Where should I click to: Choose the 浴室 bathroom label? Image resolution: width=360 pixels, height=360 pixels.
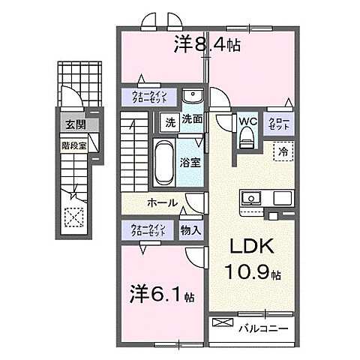[x=188, y=161]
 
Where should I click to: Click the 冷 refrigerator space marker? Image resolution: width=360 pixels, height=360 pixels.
[x=283, y=150]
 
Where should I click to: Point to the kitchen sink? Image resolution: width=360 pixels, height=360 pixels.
[x=250, y=198]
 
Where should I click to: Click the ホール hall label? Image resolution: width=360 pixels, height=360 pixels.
[x=162, y=203]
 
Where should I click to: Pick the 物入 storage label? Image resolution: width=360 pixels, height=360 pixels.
[x=190, y=229]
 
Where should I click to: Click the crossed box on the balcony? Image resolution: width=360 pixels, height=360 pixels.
[x=223, y=323]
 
